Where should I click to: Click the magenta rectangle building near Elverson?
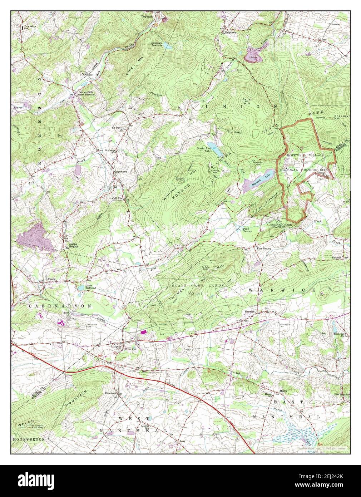coord(144,332)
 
